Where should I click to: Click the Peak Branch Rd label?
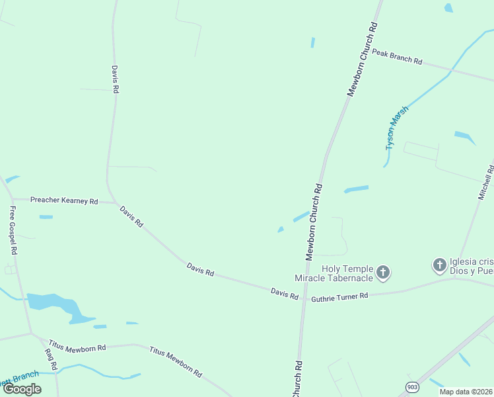[x=397, y=56]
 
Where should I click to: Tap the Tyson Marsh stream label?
[x=397, y=127]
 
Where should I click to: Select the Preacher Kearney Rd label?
[x=64, y=200]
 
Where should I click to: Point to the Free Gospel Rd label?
[x=12, y=230]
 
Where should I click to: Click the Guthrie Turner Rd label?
[x=339, y=296]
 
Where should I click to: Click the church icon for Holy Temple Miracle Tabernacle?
[x=383, y=272]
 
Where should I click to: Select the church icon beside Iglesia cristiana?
[x=439, y=266]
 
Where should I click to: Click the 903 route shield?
[x=412, y=386]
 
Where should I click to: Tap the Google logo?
[x=22, y=389]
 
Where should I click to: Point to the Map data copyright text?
[x=466, y=392]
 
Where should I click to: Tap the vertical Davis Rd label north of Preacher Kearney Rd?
[x=115, y=79]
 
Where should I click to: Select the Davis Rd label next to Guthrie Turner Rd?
[x=284, y=293]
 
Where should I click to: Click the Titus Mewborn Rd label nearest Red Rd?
[x=77, y=347]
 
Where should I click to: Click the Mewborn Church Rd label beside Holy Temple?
[x=313, y=220]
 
